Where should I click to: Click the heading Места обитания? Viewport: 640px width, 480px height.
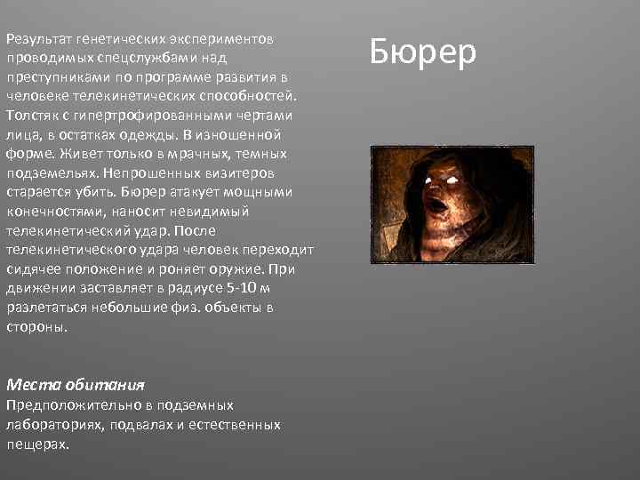(75, 385)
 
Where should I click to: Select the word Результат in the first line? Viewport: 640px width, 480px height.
(37, 40)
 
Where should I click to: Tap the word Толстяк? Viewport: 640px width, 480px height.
(34, 116)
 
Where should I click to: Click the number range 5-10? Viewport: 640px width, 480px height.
(234, 289)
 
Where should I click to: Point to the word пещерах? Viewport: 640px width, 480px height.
(36, 443)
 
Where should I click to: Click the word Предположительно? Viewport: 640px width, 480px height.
(64, 404)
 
